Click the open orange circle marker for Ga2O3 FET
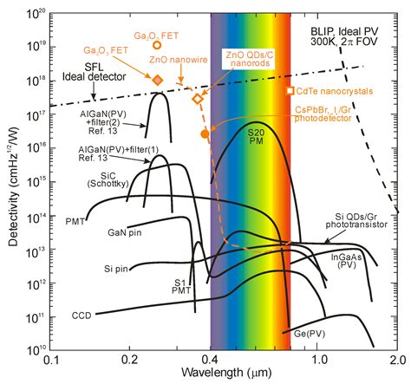(x=157, y=45)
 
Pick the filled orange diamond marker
(x=158, y=80)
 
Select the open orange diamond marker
(x=198, y=99)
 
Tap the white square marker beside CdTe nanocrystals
(x=290, y=90)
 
